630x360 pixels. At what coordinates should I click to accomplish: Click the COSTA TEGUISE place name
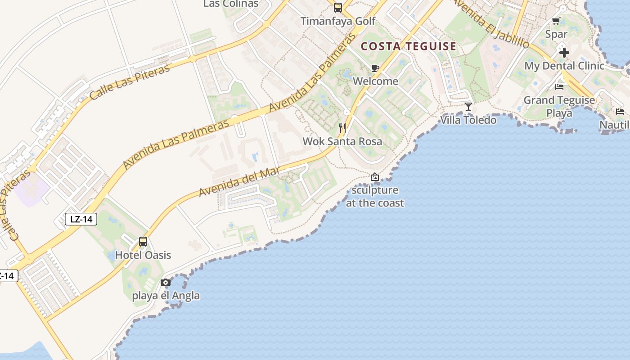point(409,46)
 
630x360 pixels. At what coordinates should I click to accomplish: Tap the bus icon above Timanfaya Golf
point(337,8)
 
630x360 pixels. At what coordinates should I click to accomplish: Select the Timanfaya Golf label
point(338,21)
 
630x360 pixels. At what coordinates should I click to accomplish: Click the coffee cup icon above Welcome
point(375,68)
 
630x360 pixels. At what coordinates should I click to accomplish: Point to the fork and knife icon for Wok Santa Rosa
point(342,128)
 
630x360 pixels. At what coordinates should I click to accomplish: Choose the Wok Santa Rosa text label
point(342,141)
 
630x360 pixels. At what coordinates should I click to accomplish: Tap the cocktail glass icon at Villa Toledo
point(468,107)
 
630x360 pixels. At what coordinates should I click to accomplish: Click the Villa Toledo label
point(468,120)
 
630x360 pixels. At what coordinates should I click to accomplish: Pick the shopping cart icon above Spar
point(556,21)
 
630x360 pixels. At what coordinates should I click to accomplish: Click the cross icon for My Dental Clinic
point(564,53)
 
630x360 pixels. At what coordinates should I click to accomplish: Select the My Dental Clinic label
point(564,66)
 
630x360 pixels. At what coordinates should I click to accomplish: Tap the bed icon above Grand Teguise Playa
point(559,87)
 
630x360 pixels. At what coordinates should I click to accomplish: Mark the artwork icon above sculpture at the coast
point(375,177)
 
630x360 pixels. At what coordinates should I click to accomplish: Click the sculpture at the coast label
point(375,197)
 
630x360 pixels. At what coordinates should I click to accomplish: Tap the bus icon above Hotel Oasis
point(143,242)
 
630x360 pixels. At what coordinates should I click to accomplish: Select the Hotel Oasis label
point(143,255)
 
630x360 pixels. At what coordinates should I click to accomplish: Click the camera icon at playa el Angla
point(166,283)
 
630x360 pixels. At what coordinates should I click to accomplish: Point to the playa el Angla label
point(166,296)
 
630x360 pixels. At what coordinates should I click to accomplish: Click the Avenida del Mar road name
point(239,181)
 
